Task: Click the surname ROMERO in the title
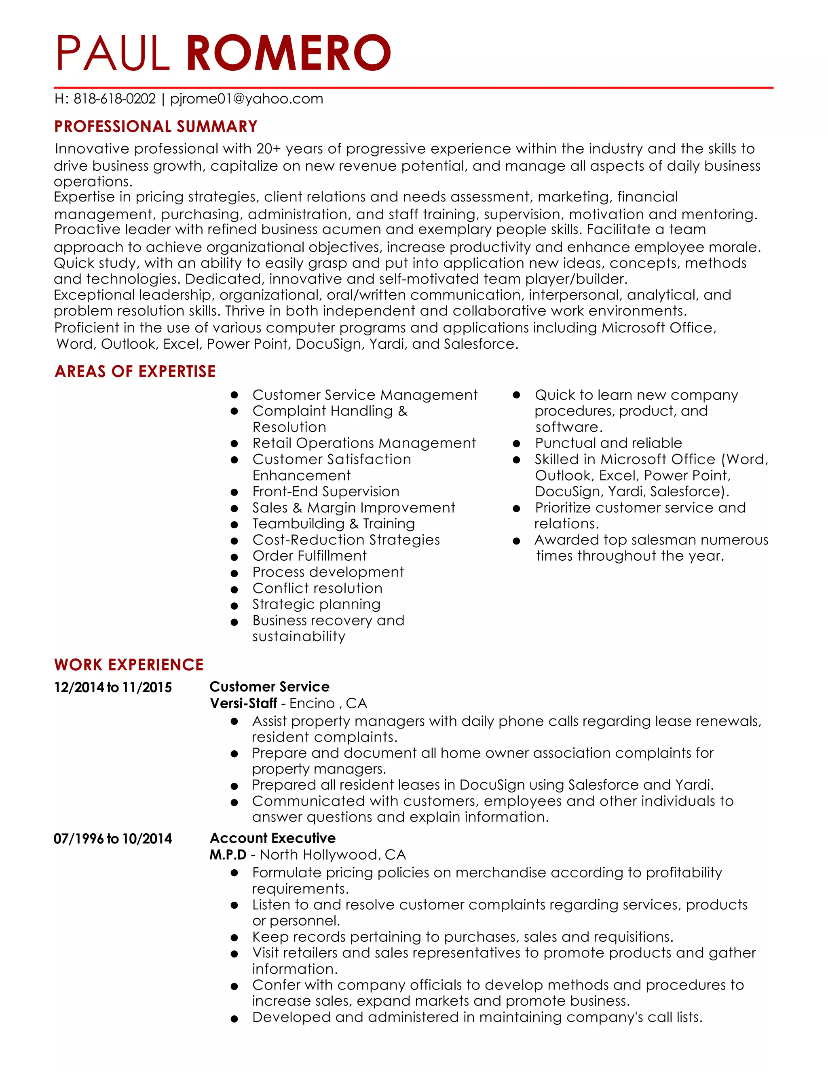288,53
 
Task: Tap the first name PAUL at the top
113,53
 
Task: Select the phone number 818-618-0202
114,99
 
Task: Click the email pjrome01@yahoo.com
246,99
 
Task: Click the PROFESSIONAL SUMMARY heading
156,127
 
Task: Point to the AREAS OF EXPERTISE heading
135,371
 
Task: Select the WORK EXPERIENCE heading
129,665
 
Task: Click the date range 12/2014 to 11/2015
113,687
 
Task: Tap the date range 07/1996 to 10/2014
113,838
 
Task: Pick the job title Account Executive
273,838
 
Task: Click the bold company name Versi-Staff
243,703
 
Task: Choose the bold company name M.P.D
228,854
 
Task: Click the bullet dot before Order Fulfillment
234,557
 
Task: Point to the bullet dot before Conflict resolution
234,589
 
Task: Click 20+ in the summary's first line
268,149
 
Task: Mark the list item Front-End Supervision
326,492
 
